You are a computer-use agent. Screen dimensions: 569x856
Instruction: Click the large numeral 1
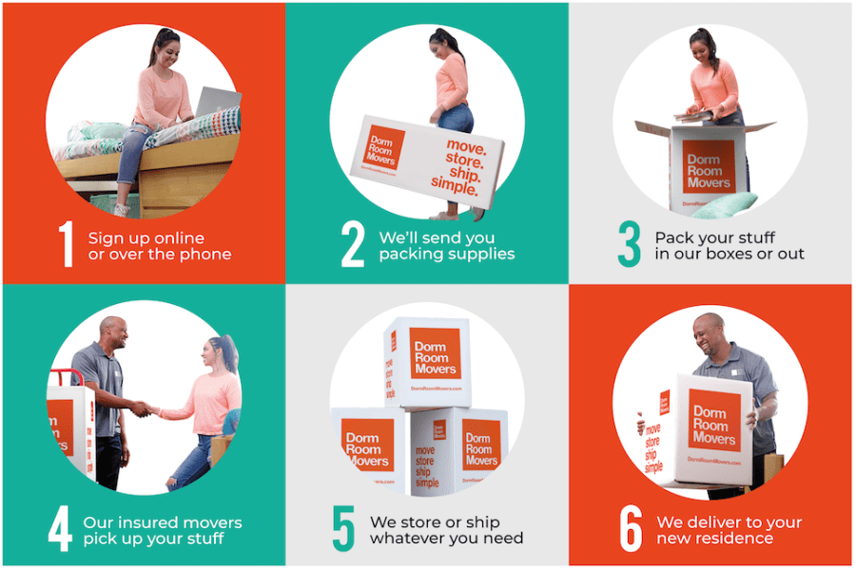(66, 244)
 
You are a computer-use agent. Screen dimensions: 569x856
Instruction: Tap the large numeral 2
(353, 244)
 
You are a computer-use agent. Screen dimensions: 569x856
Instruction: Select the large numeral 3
(629, 244)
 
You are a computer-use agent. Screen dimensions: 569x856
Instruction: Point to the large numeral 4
(60, 530)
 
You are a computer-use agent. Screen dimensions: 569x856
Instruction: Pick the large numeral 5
(343, 530)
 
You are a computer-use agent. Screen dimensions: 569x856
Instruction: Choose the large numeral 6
(631, 530)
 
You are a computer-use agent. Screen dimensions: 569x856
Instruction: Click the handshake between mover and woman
(144, 408)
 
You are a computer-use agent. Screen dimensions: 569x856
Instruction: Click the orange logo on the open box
(709, 166)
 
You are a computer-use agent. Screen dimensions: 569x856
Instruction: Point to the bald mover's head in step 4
(112, 333)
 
